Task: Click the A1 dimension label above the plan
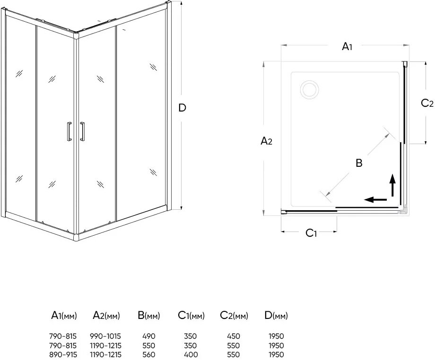tap(347, 46)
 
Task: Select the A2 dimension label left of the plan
tap(267, 140)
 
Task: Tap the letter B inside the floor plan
tap(359, 163)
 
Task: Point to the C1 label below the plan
tap(311, 232)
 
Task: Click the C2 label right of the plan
tap(427, 103)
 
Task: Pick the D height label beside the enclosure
tap(182, 108)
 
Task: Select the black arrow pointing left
tap(377, 199)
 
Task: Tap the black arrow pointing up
tap(392, 185)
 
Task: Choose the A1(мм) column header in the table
tap(63, 316)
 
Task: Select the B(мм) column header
tap(148, 316)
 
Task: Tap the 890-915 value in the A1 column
tap(63, 355)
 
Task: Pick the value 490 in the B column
tap(148, 336)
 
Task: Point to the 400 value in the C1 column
tap(191, 355)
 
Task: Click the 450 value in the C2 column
tap(233, 336)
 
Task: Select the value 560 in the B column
tap(148, 355)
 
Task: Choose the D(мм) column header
tap(276, 316)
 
